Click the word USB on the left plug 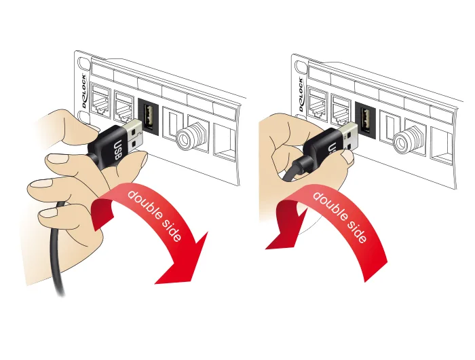117,150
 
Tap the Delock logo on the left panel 84,91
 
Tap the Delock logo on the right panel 301,94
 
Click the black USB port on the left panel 148,115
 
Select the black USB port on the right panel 365,120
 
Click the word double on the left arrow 145,204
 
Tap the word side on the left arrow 172,231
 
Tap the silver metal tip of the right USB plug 349,137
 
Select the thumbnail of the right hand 347,156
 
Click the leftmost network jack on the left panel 102,99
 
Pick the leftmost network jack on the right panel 318,103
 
